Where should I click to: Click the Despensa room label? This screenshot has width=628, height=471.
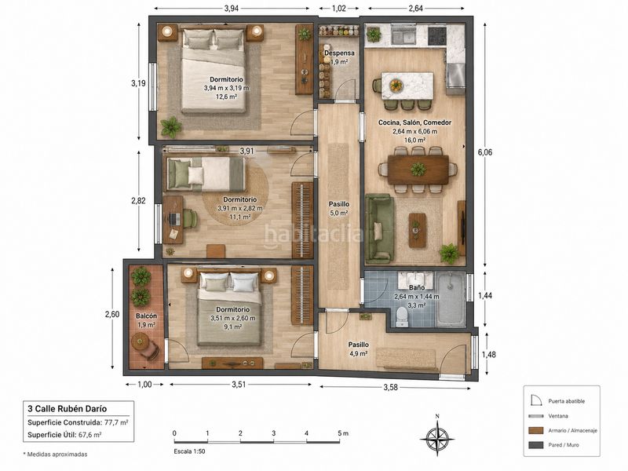[339, 53]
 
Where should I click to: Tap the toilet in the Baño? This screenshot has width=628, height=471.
[401, 317]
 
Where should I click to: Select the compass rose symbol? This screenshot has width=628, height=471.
[437, 436]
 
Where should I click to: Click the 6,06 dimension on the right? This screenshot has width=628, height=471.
[485, 152]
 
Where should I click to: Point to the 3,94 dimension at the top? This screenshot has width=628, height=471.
[232, 9]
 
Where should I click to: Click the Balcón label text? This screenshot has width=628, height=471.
[146, 316]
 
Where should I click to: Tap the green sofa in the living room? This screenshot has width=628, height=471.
[379, 228]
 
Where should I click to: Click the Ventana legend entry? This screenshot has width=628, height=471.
[558, 416]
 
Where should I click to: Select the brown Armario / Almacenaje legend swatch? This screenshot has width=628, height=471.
[536, 430]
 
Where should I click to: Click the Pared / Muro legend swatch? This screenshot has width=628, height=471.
[536, 445]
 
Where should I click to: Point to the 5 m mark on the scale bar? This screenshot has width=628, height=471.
[342, 433]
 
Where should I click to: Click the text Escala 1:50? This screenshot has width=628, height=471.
[189, 451]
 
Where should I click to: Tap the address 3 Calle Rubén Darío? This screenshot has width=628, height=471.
[68, 409]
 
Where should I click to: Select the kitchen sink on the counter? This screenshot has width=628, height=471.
[403, 36]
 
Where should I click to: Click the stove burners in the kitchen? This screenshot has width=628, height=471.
[437, 35]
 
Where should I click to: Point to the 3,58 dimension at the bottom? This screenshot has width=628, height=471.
[390, 387]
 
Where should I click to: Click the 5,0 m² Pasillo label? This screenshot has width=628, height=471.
[339, 213]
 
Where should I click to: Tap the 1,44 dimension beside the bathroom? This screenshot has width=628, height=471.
[485, 296]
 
